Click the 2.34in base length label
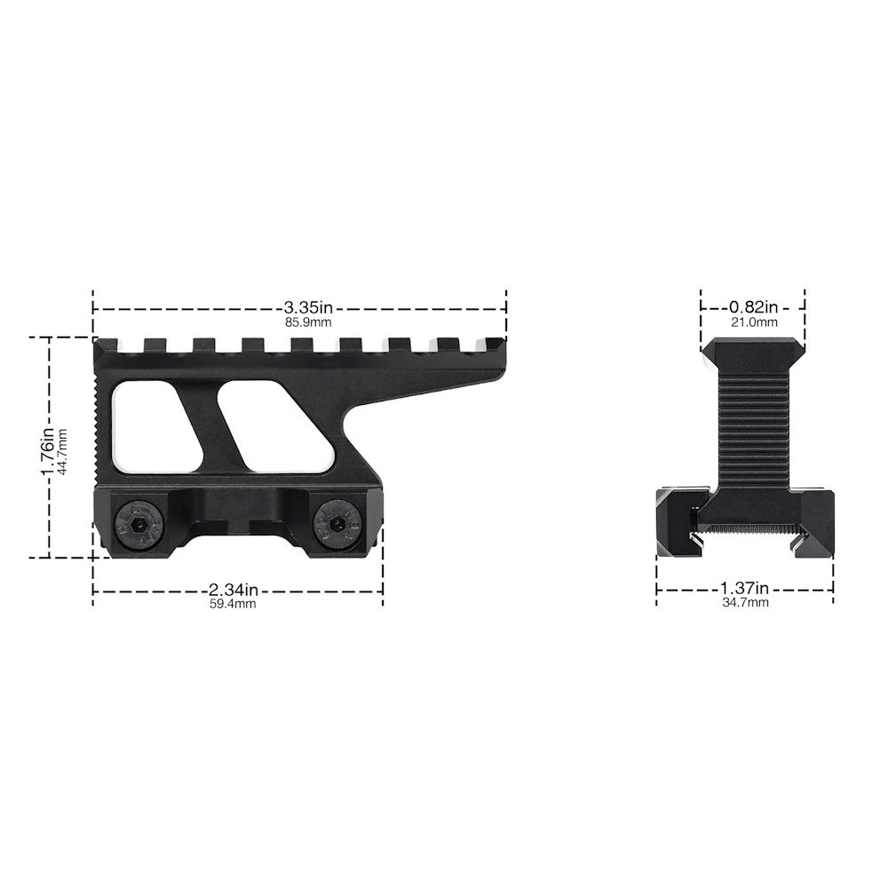click(234, 590)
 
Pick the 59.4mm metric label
click(234, 604)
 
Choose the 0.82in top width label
click(754, 307)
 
